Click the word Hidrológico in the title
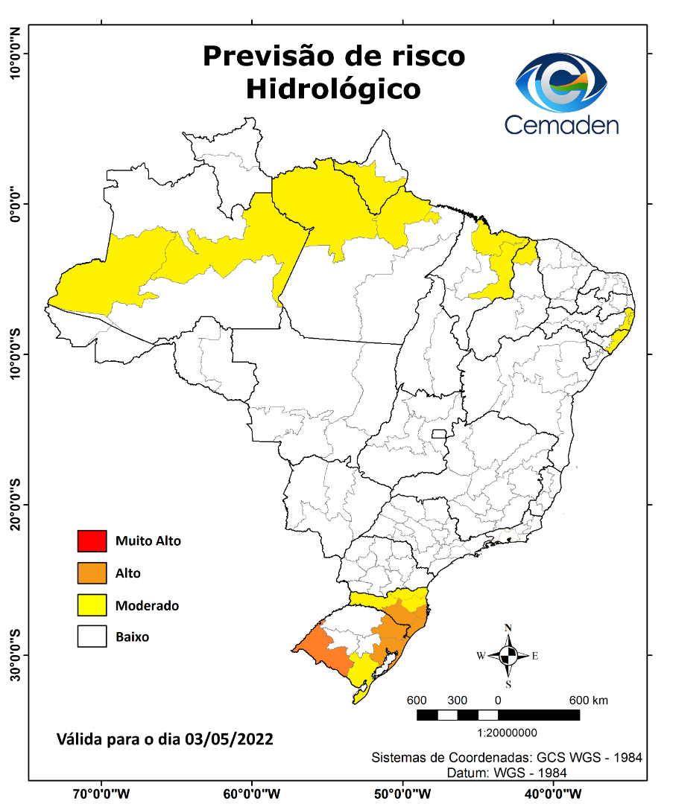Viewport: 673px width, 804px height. click(333, 89)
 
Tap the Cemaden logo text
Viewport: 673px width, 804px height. click(561, 124)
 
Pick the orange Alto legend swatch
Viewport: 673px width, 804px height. click(92, 573)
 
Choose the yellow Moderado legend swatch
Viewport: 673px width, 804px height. click(92, 605)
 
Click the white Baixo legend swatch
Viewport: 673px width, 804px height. click(92, 637)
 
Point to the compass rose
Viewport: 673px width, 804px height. click(508, 656)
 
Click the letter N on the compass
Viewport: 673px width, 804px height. click(508, 628)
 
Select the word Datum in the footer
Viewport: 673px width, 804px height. click(467, 773)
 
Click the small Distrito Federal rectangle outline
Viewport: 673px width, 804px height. click(439, 433)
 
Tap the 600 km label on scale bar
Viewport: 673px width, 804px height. click(589, 701)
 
